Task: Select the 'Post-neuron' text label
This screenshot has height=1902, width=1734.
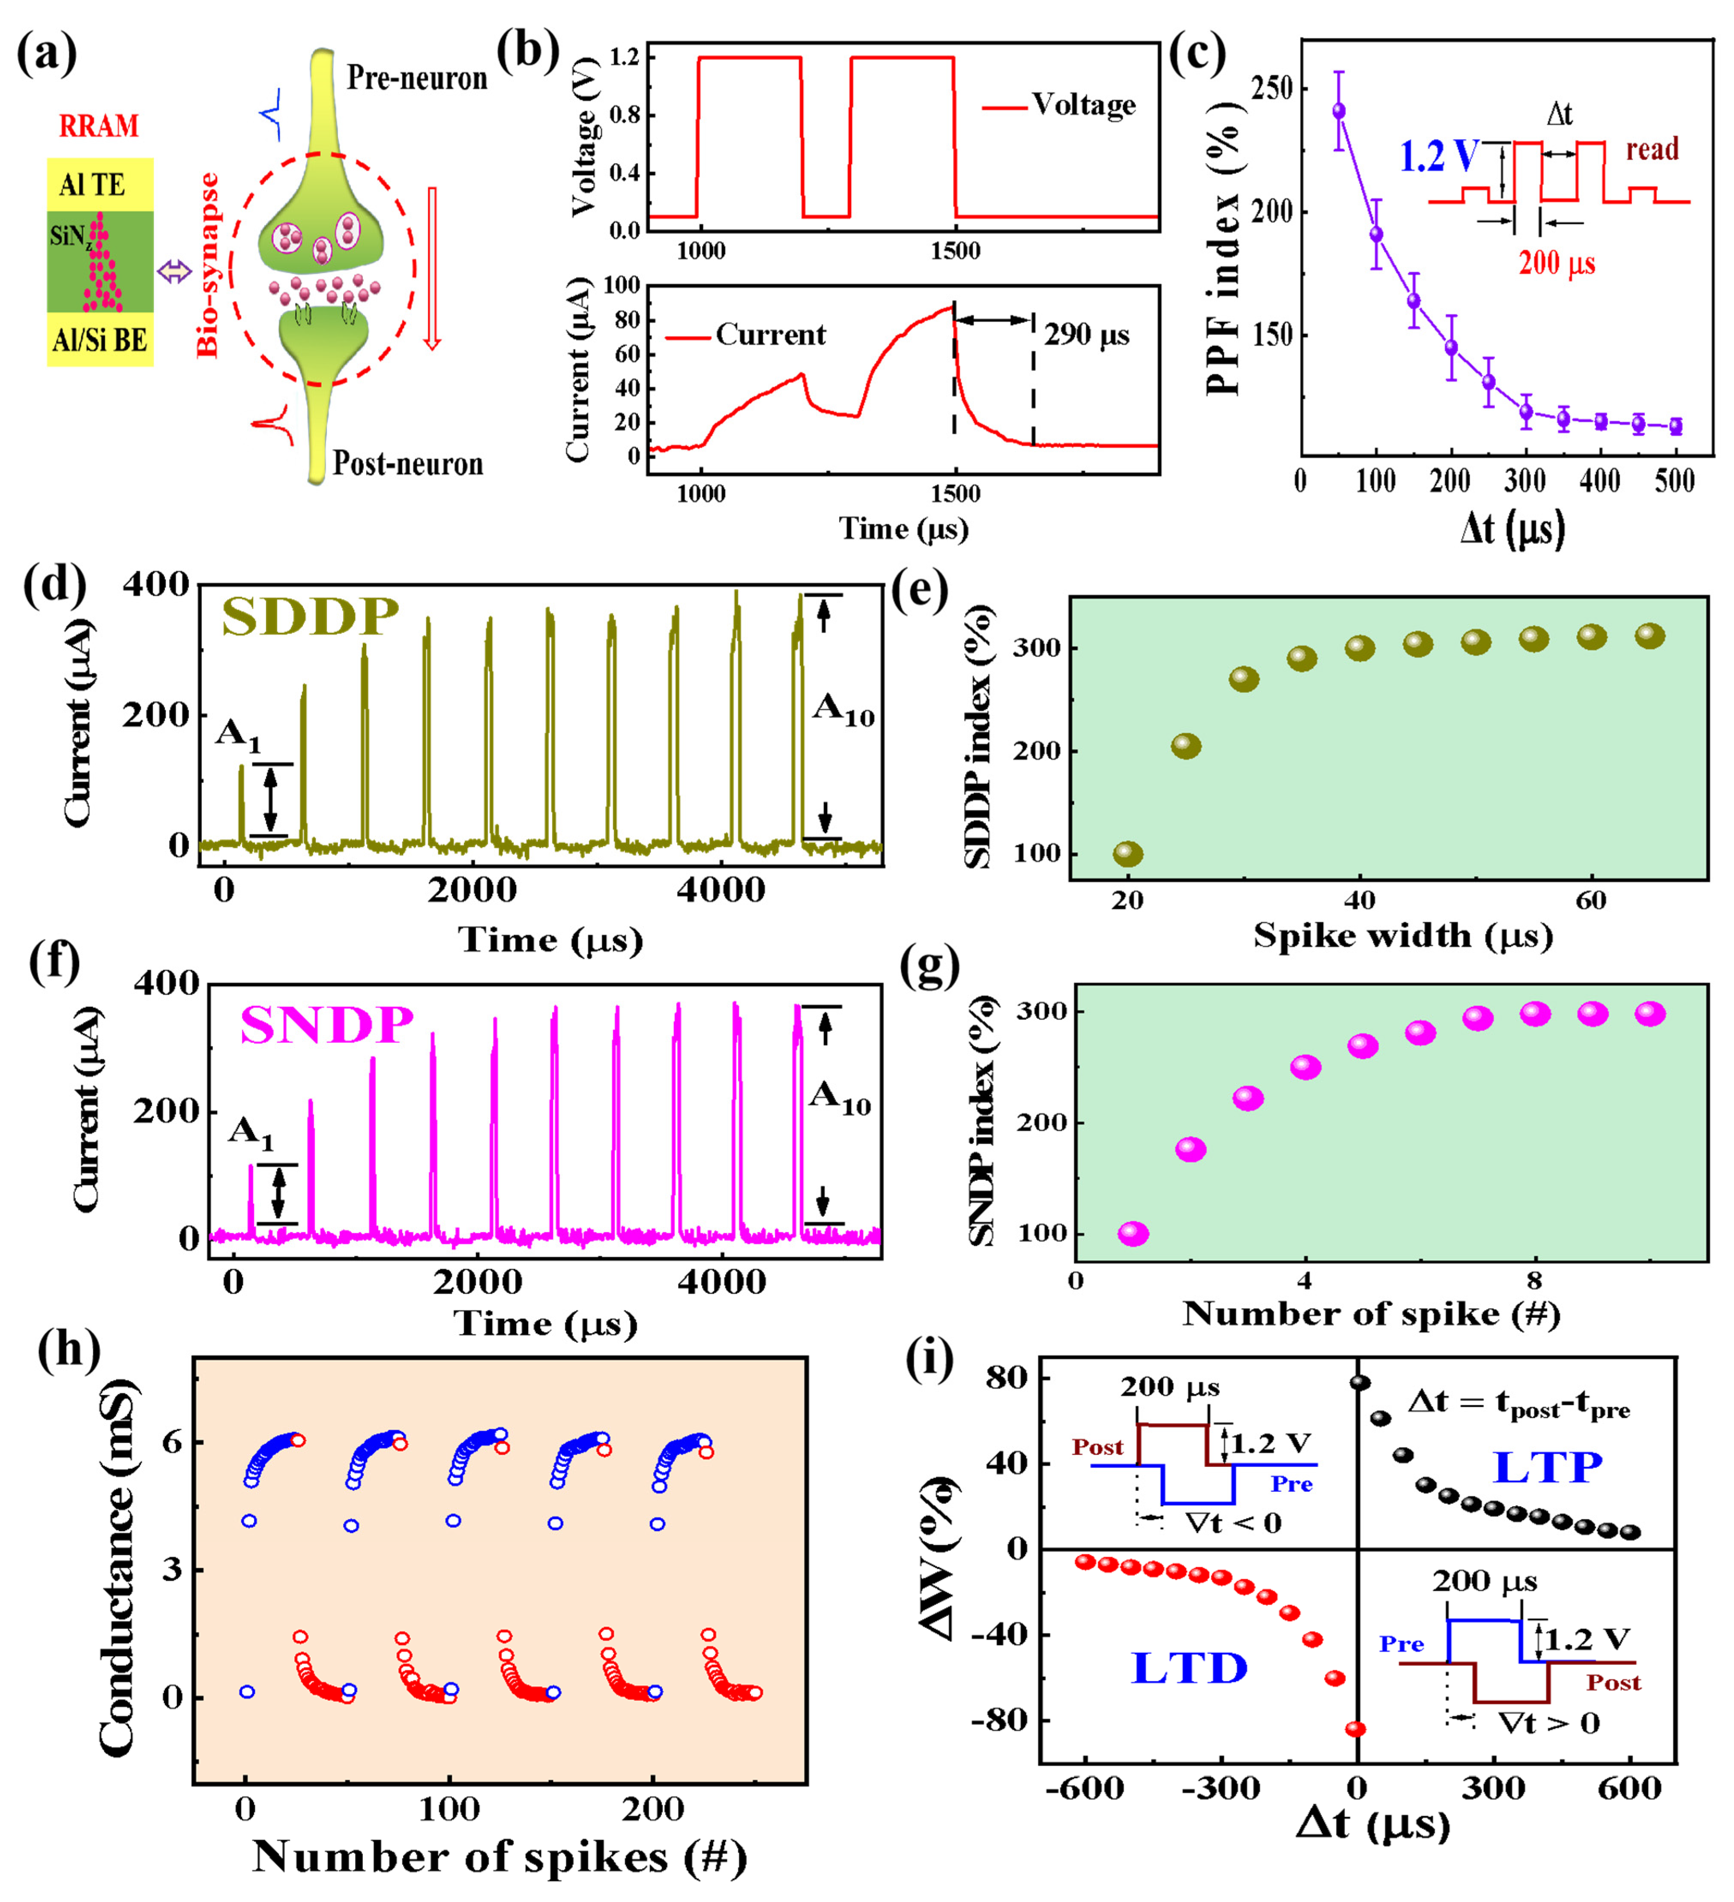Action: tap(407, 463)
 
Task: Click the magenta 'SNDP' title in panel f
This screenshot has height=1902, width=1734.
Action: tap(326, 1024)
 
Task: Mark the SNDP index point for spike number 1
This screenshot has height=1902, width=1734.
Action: tap(1133, 1234)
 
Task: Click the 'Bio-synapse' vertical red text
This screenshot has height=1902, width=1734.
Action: tap(208, 265)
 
